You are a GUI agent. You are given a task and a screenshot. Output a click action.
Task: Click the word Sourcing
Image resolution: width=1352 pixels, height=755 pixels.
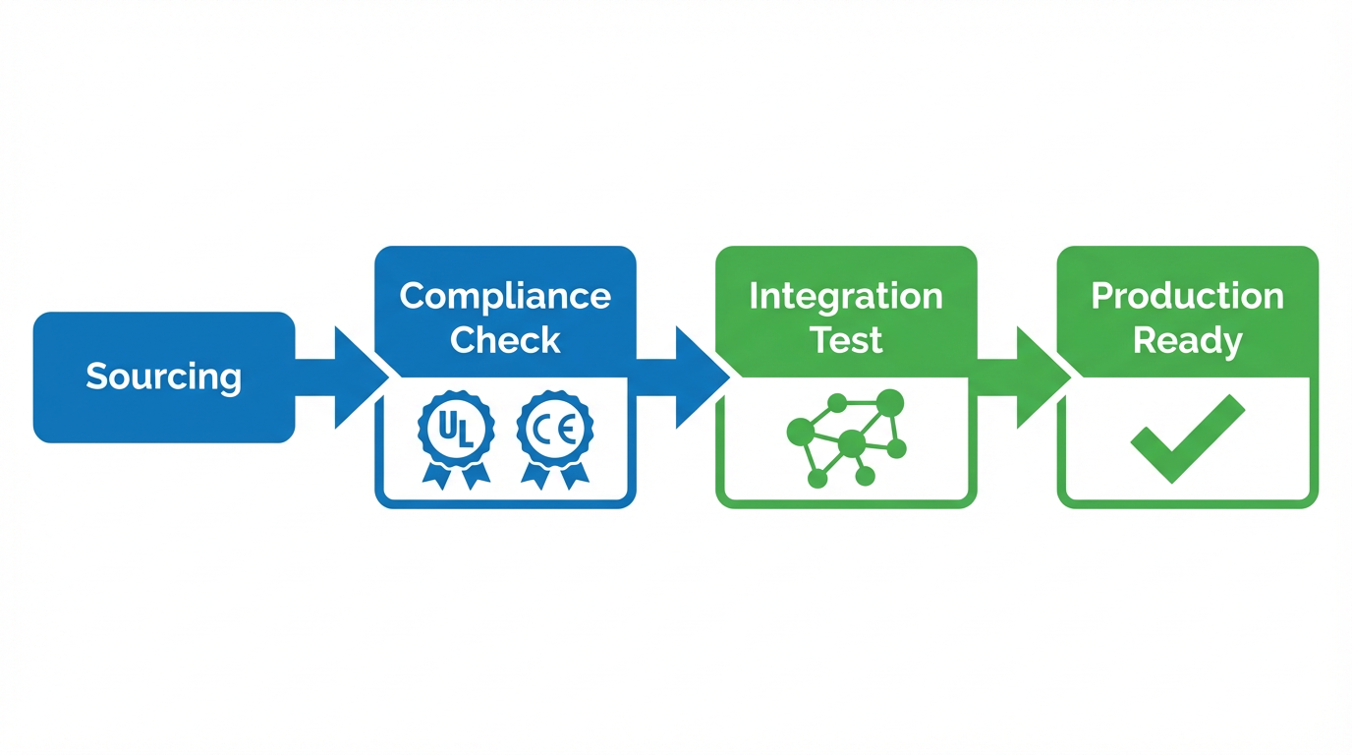point(163,377)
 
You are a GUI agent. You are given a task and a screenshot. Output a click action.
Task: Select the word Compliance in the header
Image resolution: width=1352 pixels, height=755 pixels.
point(505,296)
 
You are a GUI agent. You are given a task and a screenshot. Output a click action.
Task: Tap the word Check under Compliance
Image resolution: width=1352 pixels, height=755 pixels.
point(505,340)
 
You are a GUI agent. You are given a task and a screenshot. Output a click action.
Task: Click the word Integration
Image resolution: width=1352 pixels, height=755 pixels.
point(845,296)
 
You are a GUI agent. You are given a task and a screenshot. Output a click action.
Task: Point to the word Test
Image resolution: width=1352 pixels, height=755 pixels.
point(845,340)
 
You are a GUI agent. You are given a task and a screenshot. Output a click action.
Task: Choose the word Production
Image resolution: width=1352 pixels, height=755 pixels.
point(1187,296)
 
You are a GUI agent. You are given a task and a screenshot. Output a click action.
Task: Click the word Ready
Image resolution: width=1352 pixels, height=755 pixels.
point(1187,340)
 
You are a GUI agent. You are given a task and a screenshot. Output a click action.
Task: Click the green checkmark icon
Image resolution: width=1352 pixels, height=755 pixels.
point(1187,436)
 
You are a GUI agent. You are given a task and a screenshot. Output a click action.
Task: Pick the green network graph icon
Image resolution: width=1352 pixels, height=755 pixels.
point(847,438)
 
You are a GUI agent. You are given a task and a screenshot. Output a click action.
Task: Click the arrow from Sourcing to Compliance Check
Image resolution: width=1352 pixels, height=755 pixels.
point(344,377)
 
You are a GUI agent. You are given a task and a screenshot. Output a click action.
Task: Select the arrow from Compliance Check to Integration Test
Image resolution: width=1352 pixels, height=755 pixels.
point(686,377)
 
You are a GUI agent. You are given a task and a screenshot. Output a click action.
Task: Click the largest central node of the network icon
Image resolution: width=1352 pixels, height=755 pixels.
point(851,444)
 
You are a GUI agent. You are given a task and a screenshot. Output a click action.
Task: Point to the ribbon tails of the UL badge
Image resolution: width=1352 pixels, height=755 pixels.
point(456,475)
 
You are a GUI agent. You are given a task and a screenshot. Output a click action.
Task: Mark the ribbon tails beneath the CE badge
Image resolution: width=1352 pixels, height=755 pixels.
point(555,475)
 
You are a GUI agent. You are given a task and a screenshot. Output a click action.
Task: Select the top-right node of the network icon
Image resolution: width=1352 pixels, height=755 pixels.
point(889,402)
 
